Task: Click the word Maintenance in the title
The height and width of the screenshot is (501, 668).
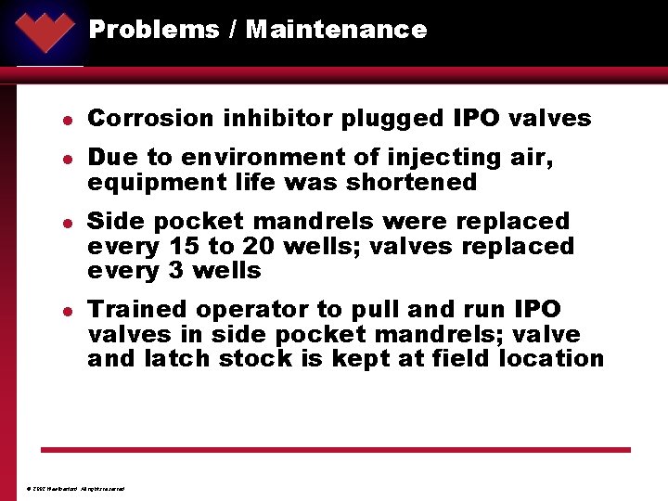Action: click(x=336, y=30)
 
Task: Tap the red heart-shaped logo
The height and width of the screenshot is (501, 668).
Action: click(x=45, y=30)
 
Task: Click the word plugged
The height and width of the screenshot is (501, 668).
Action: click(x=396, y=119)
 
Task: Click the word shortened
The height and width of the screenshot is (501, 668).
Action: click(x=411, y=183)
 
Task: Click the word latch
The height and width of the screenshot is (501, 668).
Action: click(x=173, y=358)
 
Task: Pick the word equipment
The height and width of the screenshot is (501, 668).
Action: click(x=147, y=183)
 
